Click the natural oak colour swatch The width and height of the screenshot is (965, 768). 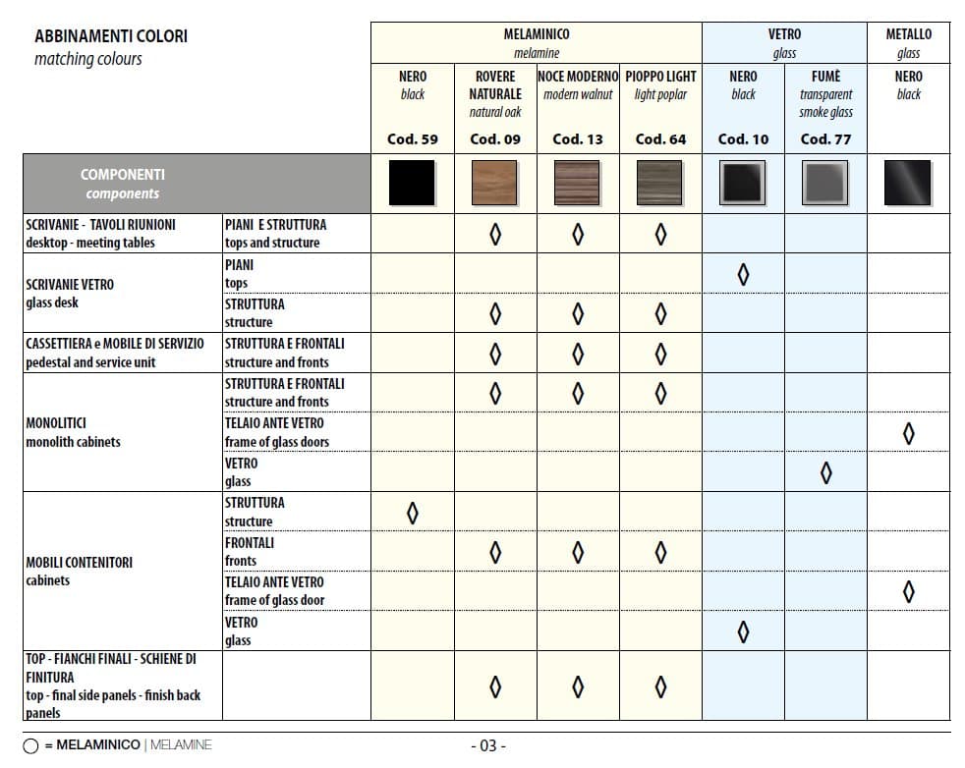coord(495,184)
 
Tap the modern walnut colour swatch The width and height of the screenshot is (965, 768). coord(578,184)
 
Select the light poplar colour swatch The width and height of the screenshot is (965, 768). coord(660,184)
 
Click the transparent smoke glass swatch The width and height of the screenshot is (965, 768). coord(825,184)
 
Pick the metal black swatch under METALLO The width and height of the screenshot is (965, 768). coord(908,184)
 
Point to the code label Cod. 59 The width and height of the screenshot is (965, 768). coord(413,139)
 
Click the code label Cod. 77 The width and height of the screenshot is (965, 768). coord(825,139)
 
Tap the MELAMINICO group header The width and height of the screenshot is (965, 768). coord(537,34)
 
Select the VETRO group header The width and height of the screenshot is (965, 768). coord(784,34)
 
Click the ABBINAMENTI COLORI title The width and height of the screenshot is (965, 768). coord(111,36)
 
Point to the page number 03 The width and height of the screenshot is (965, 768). coord(488,746)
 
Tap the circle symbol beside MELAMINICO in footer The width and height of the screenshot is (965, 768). coord(30,746)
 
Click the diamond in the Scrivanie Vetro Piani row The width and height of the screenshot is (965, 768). coord(743,274)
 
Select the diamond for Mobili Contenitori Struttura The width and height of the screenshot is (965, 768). coord(413,513)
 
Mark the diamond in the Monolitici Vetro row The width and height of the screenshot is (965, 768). coord(825,472)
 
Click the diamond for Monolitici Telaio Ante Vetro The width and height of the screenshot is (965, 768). coord(908,432)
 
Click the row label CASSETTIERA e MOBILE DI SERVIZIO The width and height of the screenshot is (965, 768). coord(115,344)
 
